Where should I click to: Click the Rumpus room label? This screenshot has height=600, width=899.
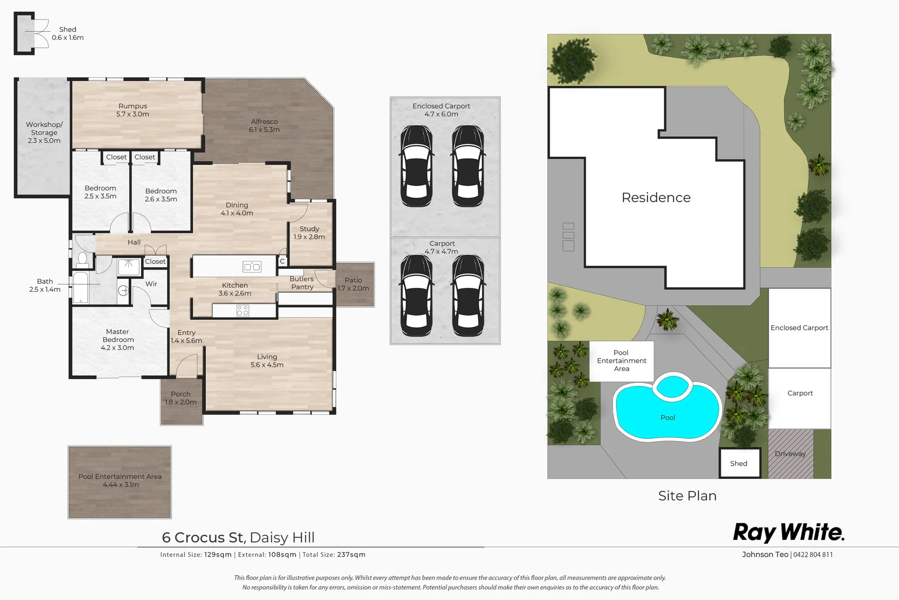coord(133,110)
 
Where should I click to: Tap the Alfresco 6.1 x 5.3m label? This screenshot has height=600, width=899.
coord(264,126)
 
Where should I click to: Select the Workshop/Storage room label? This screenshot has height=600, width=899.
coord(44,132)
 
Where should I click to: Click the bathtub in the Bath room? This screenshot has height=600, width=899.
coord(81,287)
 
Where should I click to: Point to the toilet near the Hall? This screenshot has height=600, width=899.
coord(82,258)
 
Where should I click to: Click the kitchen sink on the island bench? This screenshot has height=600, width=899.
coord(252,267)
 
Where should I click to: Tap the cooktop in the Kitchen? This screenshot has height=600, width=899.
coord(243,311)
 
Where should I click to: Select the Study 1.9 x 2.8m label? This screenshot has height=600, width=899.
coord(309,233)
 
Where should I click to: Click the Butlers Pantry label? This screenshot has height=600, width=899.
coord(302,283)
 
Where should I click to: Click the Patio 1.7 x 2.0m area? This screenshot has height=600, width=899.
coord(354,284)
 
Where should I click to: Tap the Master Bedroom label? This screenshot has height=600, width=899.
coord(118,339)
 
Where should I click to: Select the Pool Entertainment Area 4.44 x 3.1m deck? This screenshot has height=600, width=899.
coord(119,482)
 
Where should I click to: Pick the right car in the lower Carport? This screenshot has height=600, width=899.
coord(468,296)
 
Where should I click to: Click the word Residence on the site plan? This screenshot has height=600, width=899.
coord(656,198)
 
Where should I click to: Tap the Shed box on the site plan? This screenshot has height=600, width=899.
coord(739,463)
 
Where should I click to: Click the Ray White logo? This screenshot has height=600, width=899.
coord(788,532)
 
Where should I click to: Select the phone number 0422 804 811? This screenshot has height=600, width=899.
coord(813,554)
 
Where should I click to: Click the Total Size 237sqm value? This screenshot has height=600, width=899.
coord(351,554)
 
